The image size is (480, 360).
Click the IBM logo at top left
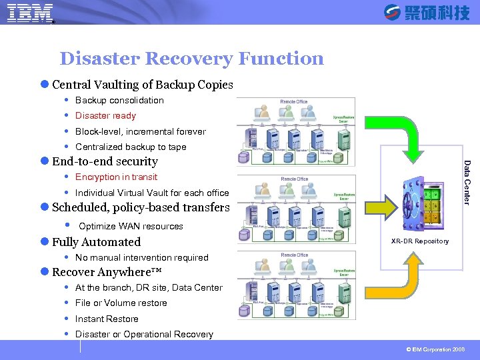pyautogui.click(x=30, y=13)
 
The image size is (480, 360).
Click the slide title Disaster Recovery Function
pyautogui.click(x=191, y=59)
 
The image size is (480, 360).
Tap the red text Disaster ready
pyautogui.click(x=105, y=115)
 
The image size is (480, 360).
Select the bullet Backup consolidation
pyautogui.click(x=119, y=100)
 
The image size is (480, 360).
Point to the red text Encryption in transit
pyautogui.click(x=116, y=177)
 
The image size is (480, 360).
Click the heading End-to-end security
pyautogui.click(x=105, y=161)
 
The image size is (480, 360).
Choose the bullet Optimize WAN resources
pyautogui.click(x=131, y=226)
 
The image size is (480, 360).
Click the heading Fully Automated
pyautogui.click(x=96, y=242)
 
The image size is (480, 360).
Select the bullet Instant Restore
pyautogui.click(x=107, y=319)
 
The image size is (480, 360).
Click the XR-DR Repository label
pyautogui.click(x=420, y=241)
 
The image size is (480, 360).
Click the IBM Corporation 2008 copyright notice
pyautogui.click(x=437, y=349)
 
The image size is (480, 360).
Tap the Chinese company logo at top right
pyautogui.click(x=427, y=13)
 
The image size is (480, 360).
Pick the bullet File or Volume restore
pyautogui.click(x=121, y=303)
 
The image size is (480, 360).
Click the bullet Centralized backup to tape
pyautogui.click(x=131, y=147)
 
